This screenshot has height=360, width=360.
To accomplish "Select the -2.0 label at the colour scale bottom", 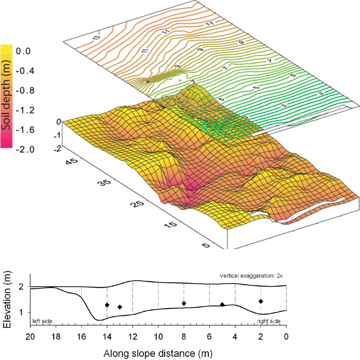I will click(25, 149).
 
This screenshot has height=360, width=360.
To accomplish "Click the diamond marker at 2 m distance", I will click(261, 301).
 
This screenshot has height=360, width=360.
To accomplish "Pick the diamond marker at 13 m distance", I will click(120, 307).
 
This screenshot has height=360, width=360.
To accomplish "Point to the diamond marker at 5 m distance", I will click(222, 304).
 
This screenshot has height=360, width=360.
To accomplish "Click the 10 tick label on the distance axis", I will click(158, 336).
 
